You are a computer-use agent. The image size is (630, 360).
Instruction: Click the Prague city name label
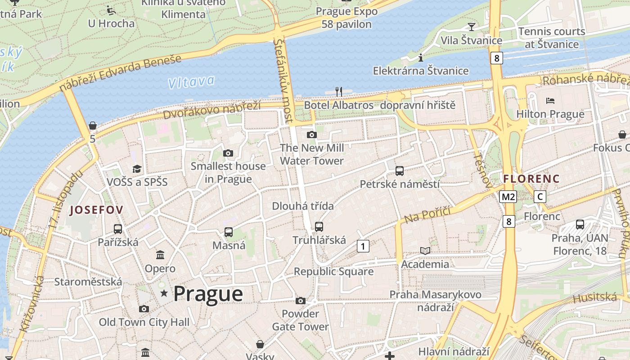click(x=208, y=294)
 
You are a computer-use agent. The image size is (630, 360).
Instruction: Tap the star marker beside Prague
click(x=164, y=294)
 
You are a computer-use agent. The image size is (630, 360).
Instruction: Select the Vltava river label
click(x=191, y=82)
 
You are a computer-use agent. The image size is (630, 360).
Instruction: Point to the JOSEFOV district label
click(x=96, y=210)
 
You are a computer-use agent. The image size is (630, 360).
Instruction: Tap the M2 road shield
click(x=508, y=197)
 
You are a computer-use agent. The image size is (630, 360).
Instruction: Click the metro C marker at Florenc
click(x=540, y=197)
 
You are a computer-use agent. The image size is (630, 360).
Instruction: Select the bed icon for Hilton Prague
click(x=550, y=100)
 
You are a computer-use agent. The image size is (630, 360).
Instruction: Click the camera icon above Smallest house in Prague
click(x=228, y=153)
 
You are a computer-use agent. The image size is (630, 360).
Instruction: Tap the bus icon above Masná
click(x=229, y=232)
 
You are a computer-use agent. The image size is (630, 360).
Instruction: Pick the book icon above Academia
click(x=425, y=251)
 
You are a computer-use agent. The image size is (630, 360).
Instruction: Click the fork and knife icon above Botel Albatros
click(x=339, y=92)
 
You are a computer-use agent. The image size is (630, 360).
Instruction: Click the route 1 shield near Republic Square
click(x=363, y=246)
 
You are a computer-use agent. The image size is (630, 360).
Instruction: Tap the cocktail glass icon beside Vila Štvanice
click(x=471, y=27)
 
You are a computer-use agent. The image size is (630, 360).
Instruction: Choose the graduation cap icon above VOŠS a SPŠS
click(x=137, y=169)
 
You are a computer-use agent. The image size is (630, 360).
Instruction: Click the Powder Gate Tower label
click(x=300, y=320)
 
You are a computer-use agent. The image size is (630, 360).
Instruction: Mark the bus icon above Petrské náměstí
click(x=400, y=171)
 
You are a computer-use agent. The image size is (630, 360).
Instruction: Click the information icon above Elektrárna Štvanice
click(x=421, y=58)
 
